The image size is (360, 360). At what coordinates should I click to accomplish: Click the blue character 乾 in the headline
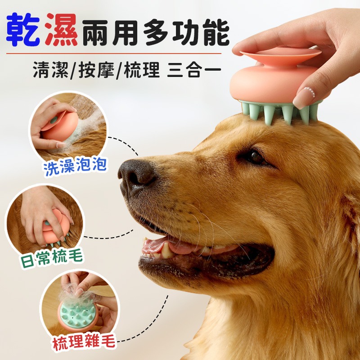point(23,30)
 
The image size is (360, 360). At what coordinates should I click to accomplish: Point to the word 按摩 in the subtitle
point(96,69)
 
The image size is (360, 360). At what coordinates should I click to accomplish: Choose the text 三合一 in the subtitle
point(194,69)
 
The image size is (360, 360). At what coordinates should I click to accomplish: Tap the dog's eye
point(255,157)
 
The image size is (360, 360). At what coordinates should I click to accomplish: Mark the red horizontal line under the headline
point(114,54)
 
